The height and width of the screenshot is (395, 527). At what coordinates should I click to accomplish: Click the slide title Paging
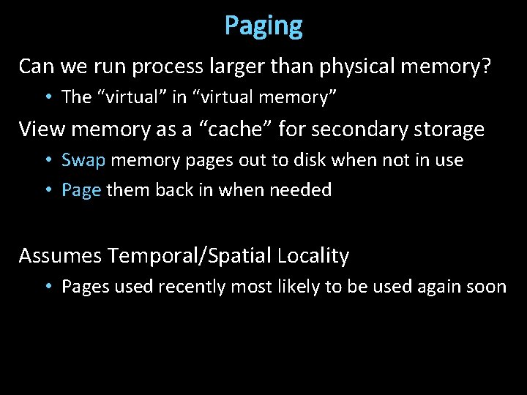(263, 26)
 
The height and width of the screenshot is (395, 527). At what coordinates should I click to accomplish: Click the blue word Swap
(83, 160)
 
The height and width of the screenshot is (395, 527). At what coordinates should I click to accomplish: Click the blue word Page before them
(81, 191)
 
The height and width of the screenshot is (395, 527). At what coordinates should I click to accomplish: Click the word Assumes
(59, 256)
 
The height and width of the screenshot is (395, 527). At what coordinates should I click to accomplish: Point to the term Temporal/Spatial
(190, 256)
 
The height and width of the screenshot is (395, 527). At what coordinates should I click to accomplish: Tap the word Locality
(313, 256)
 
